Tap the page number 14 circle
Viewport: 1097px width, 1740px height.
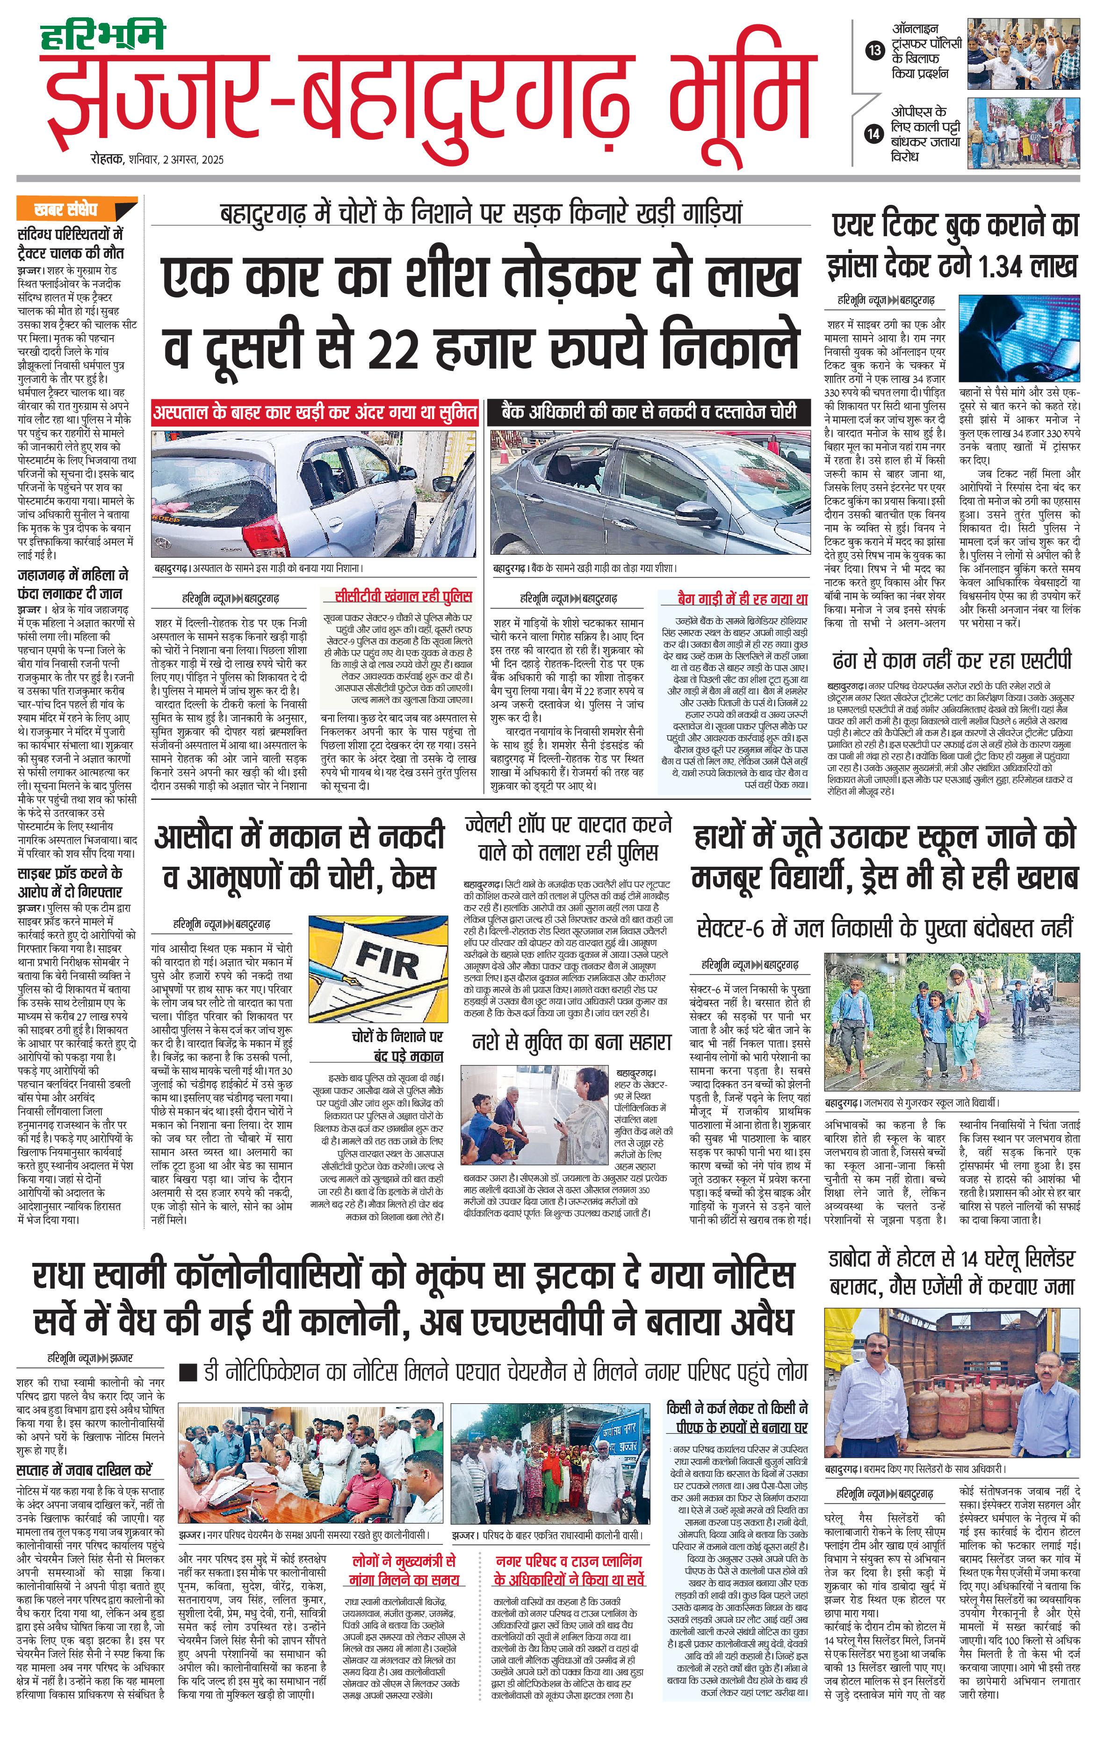(874, 134)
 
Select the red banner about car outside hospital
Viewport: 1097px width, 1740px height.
(315, 413)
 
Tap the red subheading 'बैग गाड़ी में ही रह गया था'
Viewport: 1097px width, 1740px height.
(742, 599)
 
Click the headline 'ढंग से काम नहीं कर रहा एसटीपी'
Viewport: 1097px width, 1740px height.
(952, 660)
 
